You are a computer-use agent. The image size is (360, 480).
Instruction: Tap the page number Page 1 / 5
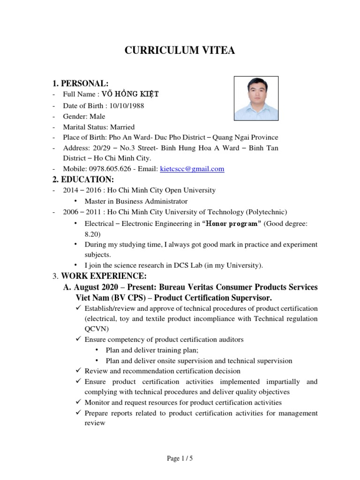[180, 459]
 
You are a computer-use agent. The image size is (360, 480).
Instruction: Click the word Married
[122, 127]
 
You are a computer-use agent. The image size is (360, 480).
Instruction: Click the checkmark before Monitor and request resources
[78, 402]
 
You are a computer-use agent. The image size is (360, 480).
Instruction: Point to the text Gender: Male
[84, 116]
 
